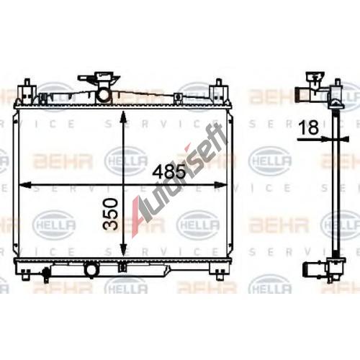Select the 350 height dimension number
(111, 214)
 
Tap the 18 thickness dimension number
(310, 127)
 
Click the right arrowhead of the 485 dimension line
(220, 184)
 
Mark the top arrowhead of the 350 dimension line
(123, 117)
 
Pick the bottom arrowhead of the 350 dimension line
(123, 250)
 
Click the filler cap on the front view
(99, 78)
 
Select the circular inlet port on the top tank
(104, 95)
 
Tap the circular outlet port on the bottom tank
(91, 270)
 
